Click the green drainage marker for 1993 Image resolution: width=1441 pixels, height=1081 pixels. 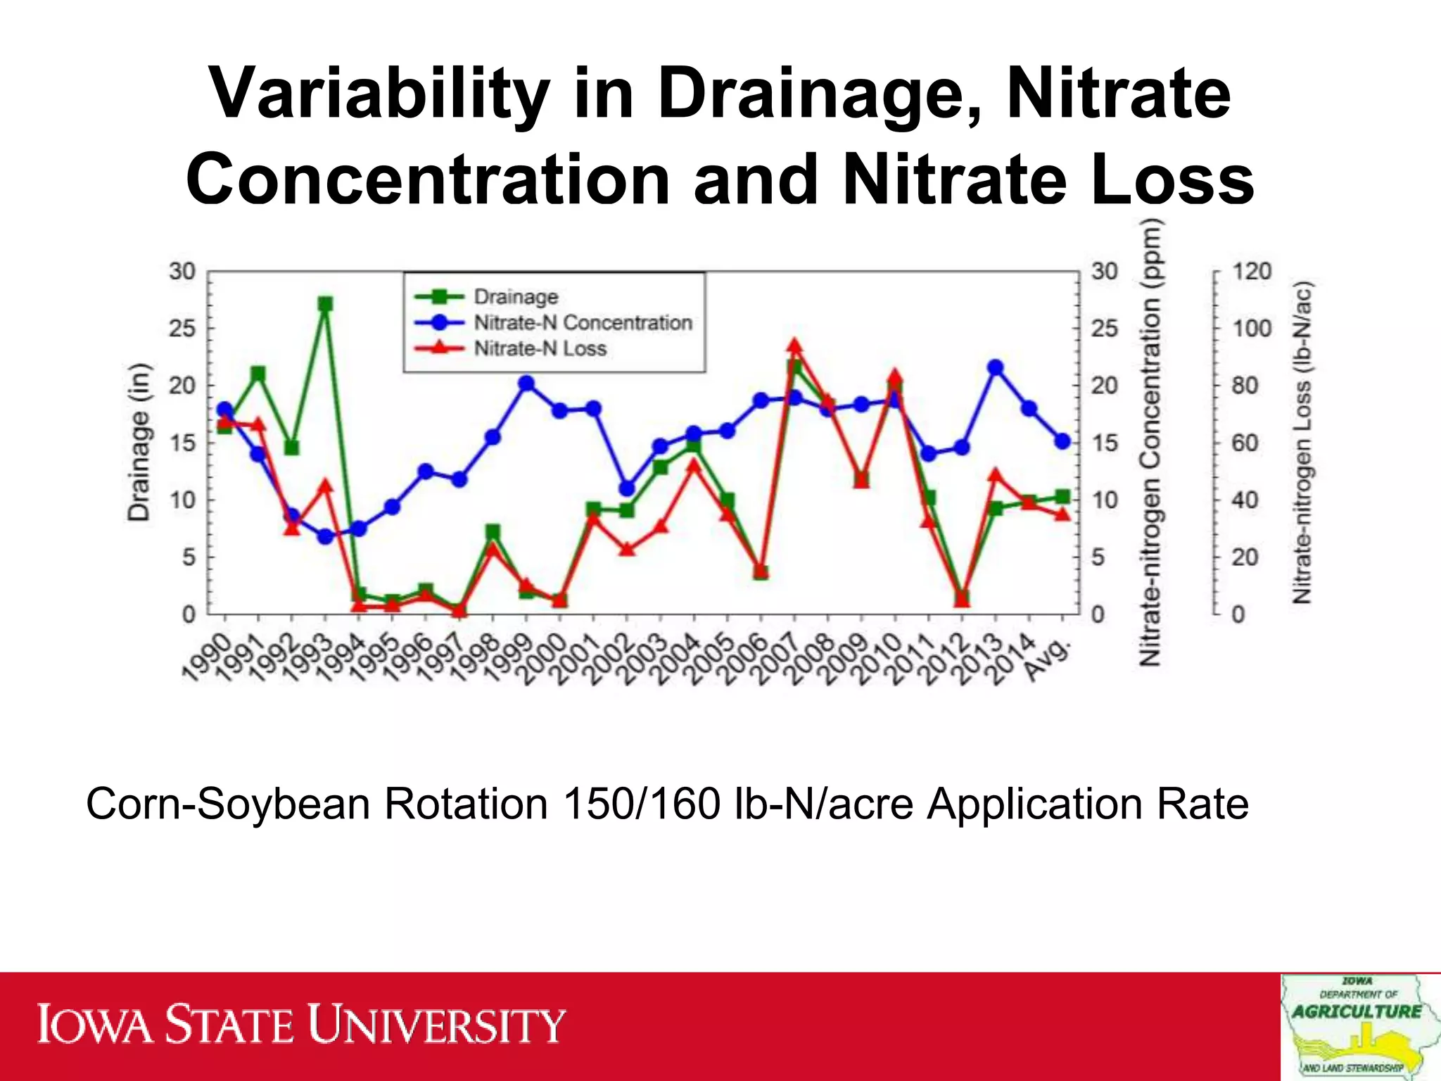325,304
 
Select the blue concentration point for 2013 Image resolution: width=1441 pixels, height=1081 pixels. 995,367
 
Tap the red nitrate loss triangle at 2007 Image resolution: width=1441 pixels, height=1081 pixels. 795,346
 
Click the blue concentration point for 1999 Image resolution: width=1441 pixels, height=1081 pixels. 526,384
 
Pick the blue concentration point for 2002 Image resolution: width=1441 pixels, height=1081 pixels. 627,488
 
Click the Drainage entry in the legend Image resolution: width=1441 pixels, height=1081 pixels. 515,297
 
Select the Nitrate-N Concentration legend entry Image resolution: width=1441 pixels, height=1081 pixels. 583,323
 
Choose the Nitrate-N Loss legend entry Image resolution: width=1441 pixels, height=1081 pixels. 540,348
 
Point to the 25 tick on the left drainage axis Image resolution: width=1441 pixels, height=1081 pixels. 182,328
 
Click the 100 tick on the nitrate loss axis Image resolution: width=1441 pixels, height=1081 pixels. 1252,328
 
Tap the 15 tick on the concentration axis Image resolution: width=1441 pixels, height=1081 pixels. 1104,443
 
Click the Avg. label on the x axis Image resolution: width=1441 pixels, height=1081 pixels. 1048,659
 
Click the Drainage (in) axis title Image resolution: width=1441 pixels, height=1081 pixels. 139,442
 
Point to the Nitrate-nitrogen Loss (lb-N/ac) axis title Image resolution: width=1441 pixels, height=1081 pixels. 1302,442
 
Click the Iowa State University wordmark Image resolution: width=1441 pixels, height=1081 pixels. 301,1025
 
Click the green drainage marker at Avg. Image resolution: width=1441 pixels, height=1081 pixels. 1062,498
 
